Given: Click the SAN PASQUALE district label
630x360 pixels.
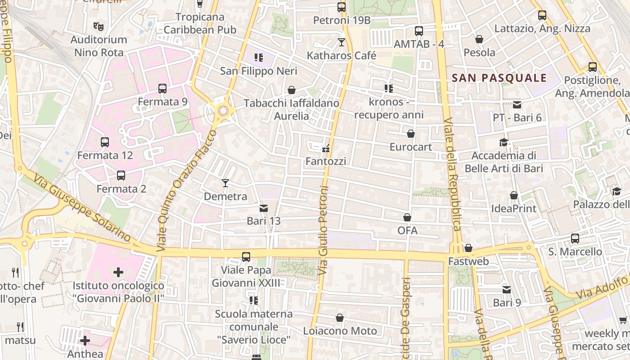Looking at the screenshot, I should coord(499,78).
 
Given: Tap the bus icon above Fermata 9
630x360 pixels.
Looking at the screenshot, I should coord(162,89).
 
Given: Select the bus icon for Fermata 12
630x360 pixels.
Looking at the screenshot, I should coord(105,142).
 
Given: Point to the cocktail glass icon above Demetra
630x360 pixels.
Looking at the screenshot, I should coord(225,183).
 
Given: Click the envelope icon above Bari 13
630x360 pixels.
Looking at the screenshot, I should coord(264,208).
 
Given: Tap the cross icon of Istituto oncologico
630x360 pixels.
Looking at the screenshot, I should coord(118,272).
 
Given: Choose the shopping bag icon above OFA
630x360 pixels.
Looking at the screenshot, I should coord(407,218).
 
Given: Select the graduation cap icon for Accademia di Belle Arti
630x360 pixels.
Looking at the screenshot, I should coord(504,143).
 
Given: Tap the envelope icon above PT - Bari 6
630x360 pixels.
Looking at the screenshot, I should coord(517,105).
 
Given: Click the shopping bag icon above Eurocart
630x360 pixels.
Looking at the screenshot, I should coord(410,134).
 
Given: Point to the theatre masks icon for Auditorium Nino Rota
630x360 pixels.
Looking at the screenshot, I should coord(98,27).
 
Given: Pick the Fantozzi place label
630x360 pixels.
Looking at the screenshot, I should coord(326,161).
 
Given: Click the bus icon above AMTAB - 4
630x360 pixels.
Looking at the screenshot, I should coord(418,31).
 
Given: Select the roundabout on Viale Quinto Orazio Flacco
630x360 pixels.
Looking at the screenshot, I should coord(223,110).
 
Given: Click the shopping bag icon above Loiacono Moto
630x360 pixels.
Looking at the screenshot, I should coord(340,318).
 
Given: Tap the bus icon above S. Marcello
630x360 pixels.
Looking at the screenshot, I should coord(575,238).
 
